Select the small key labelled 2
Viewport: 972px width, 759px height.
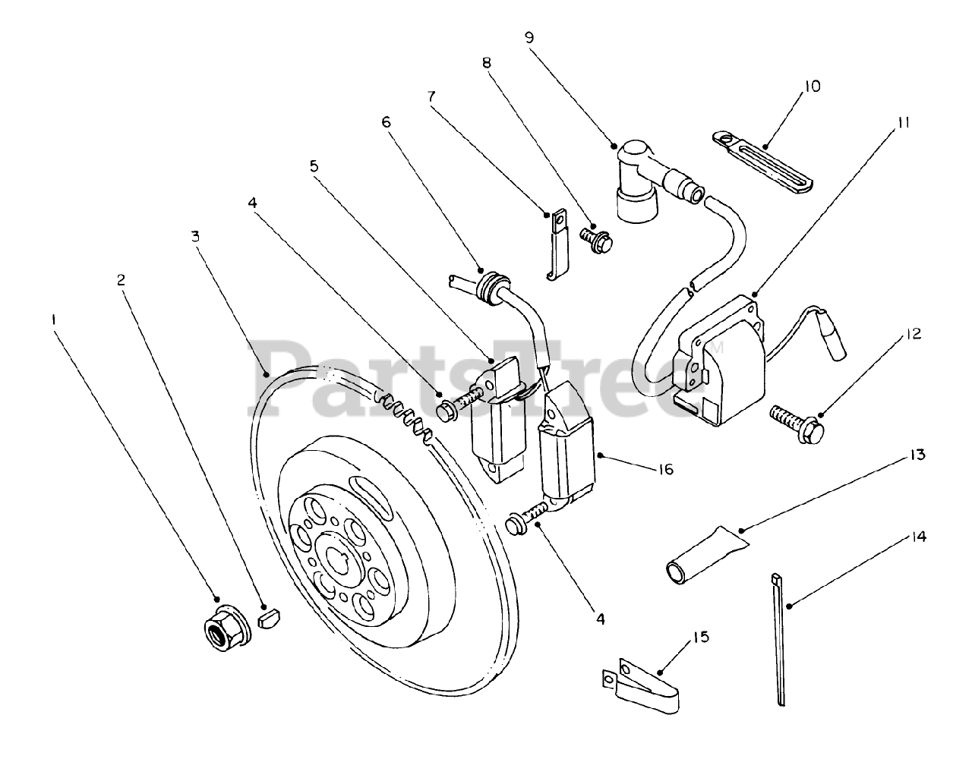[x=270, y=619]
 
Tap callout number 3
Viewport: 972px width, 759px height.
[x=195, y=237]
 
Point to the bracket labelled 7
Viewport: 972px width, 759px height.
[x=557, y=243]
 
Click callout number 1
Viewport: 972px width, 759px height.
[x=52, y=319]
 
